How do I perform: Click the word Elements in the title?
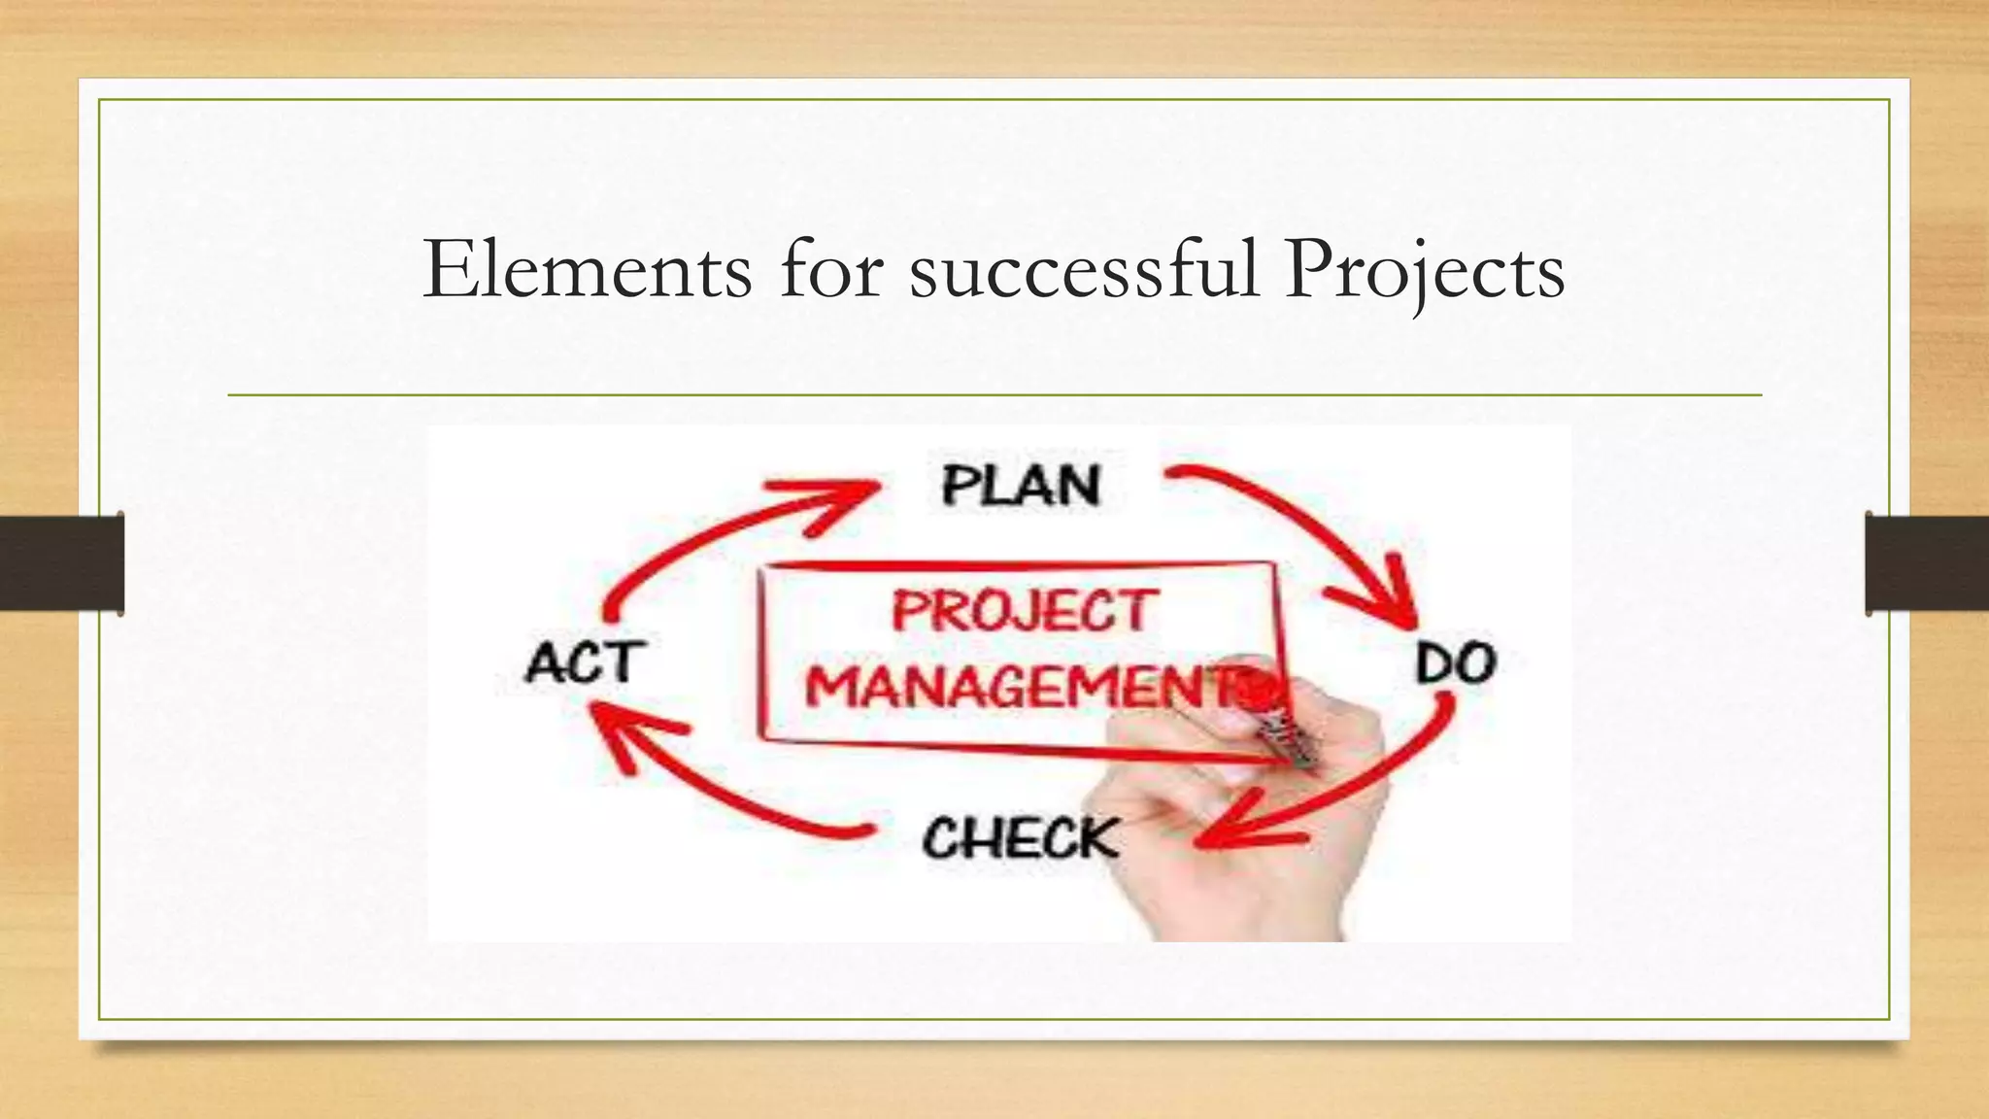point(588,269)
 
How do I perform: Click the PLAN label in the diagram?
point(1021,485)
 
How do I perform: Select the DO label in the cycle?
point(1455,664)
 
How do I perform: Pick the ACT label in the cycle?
point(584,663)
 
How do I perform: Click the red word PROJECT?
point(1024,612)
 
